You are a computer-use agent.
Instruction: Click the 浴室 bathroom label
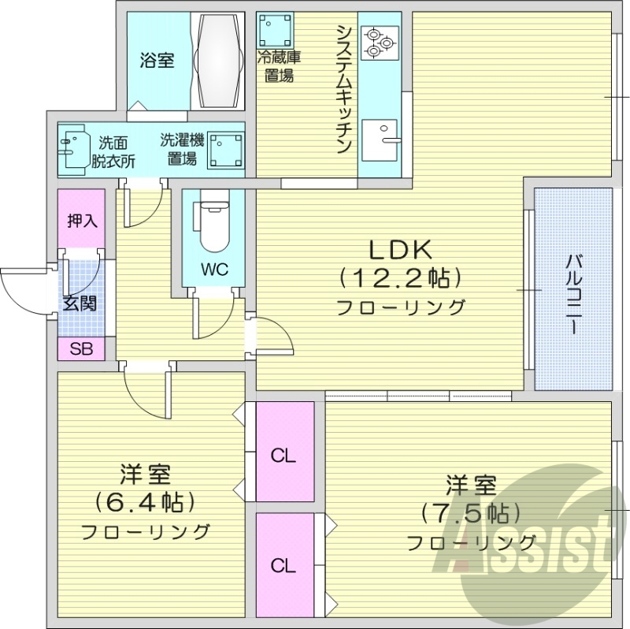[x=157, y=60]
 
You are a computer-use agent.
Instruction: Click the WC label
[x=213, y=270]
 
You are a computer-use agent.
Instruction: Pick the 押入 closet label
[x=81, y=221]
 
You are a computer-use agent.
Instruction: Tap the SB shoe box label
[x=80, y=349]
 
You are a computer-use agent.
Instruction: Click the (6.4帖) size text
[x=146, y=501]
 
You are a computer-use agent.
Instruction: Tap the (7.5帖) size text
[x=471, y=512]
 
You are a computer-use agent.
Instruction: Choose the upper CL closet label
[x=283, y=455]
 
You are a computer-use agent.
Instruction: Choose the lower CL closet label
[x=283, y=565]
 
